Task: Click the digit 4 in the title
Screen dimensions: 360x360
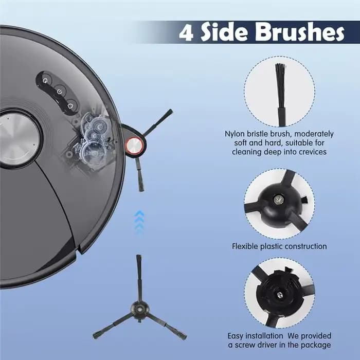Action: click(186, 32)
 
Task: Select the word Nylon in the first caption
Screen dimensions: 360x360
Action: click(235, 134)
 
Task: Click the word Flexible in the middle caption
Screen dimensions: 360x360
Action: click(245, 246)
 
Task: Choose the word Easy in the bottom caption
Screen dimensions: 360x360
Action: click(236, 336)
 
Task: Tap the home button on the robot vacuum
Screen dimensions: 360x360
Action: click(70, 106)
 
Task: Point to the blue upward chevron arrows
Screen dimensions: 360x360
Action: click(139, 222)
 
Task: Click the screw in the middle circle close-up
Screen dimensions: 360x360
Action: click(278, 200)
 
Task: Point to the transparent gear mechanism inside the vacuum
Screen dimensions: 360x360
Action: click(93, 139)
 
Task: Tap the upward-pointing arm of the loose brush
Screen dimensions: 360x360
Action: click(138, 278)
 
